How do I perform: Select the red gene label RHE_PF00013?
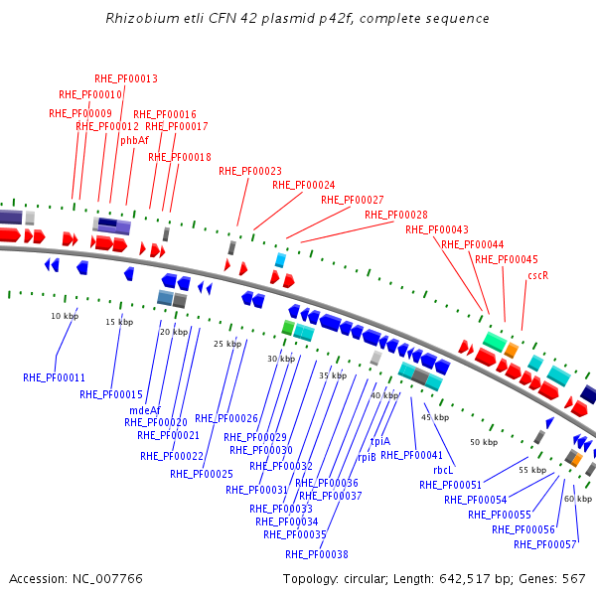point(126,78)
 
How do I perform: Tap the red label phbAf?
point(134,141)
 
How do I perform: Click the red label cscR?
point(538,275)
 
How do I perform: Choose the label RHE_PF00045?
point(507,259)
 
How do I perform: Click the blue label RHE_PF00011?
point(55,377)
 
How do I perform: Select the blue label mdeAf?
point(145,410)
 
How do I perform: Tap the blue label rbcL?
point(443,471)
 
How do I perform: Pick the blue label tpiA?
point(380,441)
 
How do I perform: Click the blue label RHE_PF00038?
point(317,554)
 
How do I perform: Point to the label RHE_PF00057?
point(545,544)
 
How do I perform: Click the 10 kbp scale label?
point(64,316)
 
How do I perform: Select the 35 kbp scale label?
point(333,375)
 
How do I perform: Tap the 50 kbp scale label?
point(484,441)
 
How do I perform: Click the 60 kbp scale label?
point(578,499)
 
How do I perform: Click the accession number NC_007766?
point(106,578)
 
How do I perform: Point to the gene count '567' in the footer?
point(574,578)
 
